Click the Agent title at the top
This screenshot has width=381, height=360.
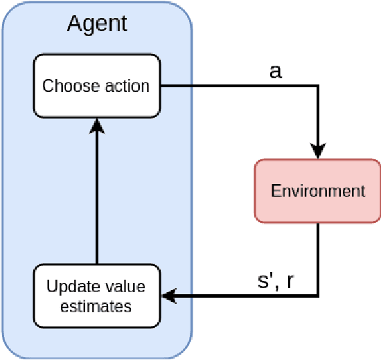tap(97, 24)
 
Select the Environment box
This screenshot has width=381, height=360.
tap(317, 191)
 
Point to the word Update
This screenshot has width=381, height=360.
tap(69, 287)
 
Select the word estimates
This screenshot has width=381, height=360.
tap(96, 306)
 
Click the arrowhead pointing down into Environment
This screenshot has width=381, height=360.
tap(318, 151)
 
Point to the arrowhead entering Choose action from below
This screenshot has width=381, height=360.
tap(97, 124)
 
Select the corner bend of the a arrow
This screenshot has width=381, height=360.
tap(318, 87)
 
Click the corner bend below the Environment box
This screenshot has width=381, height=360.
tap(318, 296)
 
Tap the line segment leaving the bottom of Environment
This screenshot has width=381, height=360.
tap(318, 256)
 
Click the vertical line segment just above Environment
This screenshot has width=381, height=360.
tap(318, 118)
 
